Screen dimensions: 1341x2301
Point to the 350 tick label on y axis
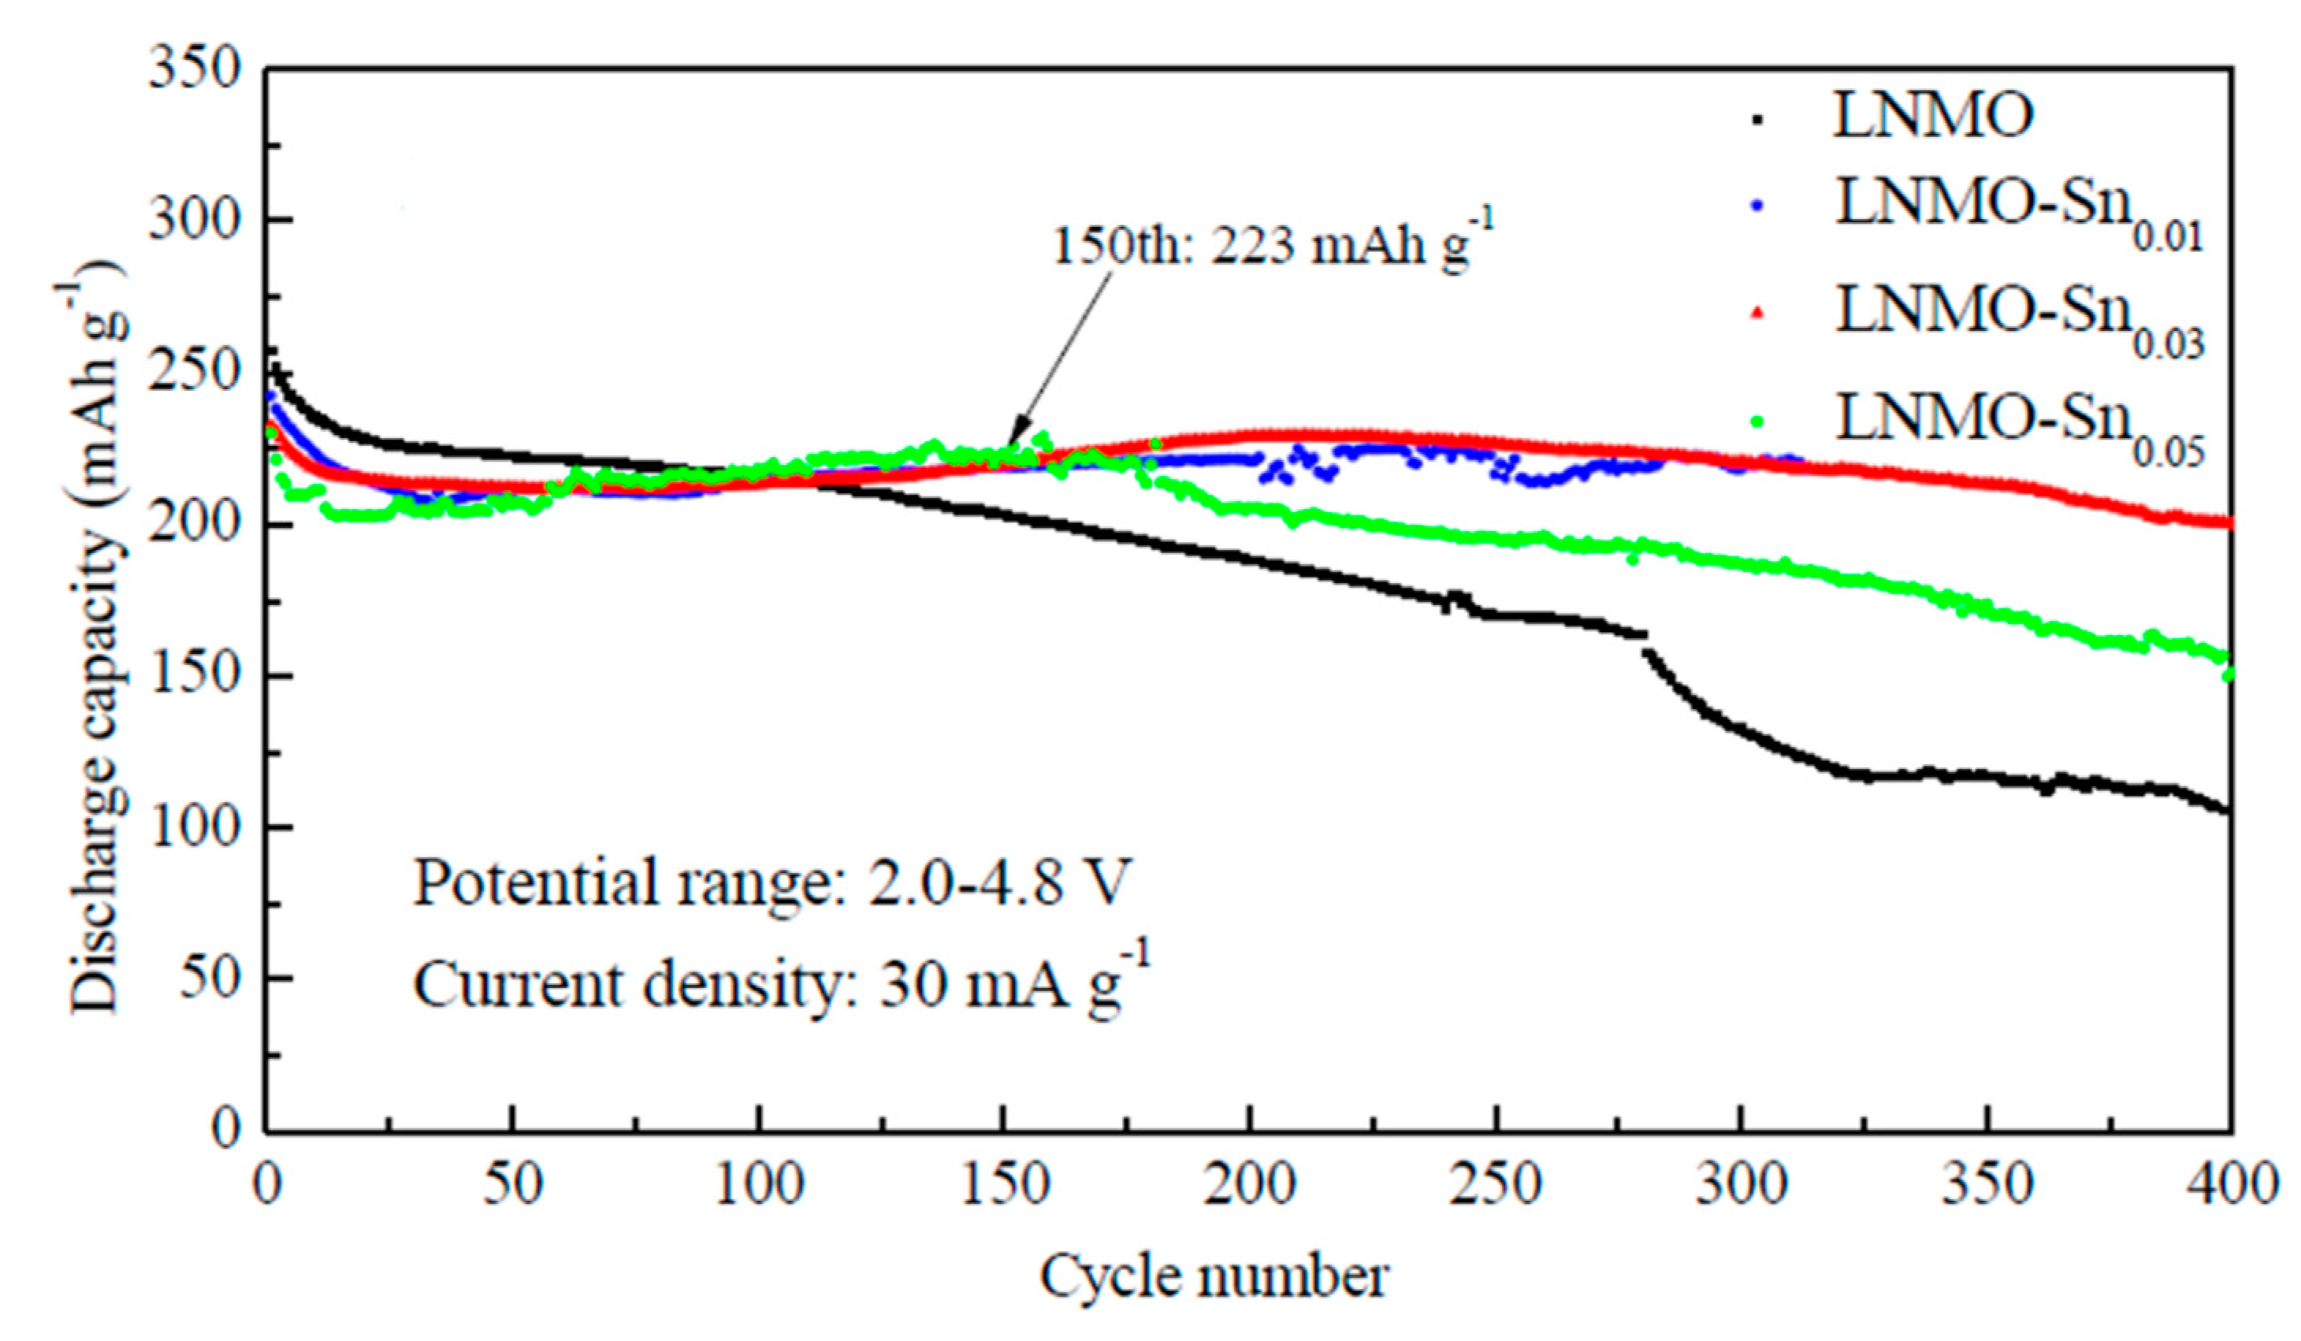click(195, 69)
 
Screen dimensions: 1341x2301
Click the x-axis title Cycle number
click(1214, 1276)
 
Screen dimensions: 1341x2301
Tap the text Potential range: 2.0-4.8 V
click(771, 882)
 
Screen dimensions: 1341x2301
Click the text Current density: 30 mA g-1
click(781, 984)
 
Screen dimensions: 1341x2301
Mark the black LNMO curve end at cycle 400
click(2226, 810)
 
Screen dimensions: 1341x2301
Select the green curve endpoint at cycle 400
click(2227, 673)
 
